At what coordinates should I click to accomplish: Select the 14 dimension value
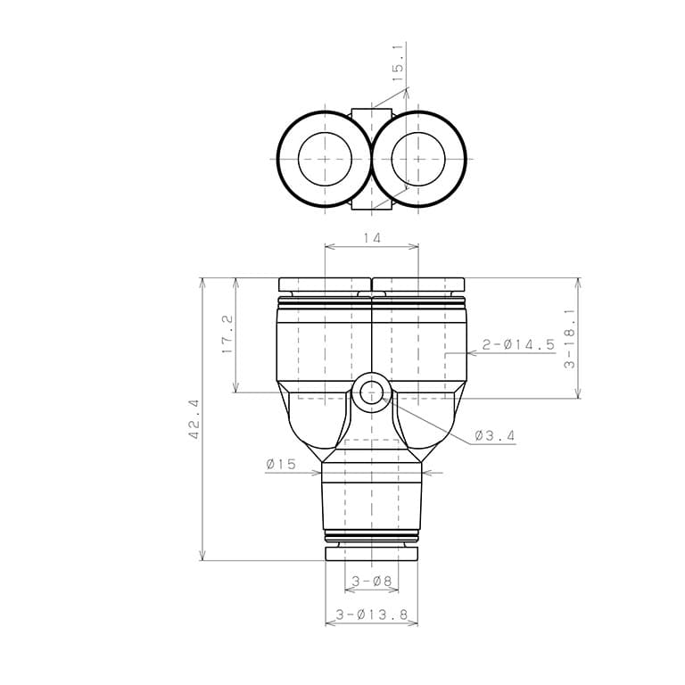click(x=372, y=238)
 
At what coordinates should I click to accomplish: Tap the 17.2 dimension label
click(x=227, y=335)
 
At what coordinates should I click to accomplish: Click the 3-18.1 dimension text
click(x=570, y=339)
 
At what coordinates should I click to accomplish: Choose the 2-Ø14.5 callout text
click(x=518, y=344)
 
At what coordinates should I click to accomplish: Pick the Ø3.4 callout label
click(x=495, y=435)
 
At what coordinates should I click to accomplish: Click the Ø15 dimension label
click(x=281, y=464)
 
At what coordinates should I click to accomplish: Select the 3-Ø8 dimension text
click(x=372, y=581)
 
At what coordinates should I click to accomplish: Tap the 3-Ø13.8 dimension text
click(x=371, y=615)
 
